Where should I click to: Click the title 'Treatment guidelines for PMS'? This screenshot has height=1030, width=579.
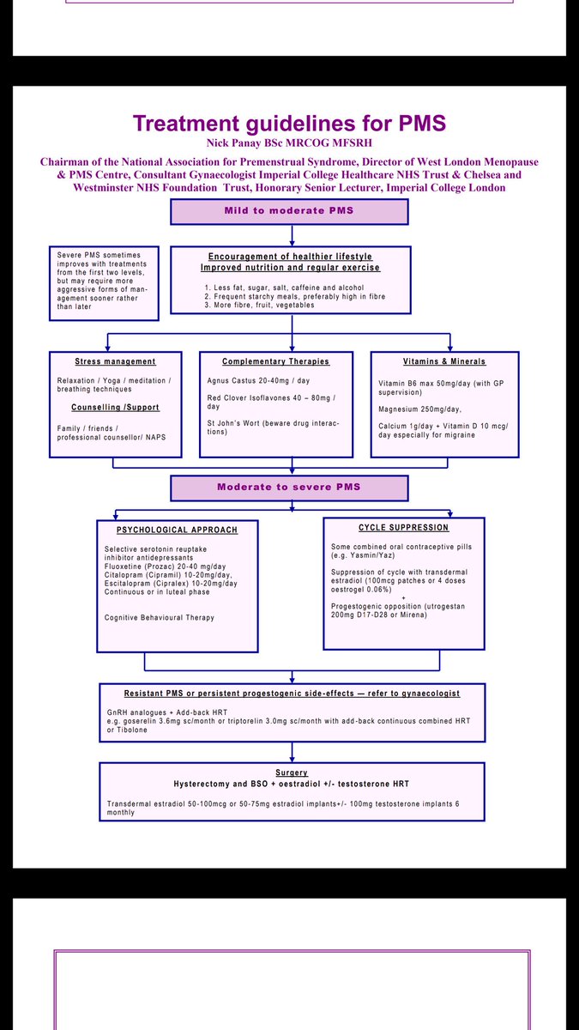(x=289, y=123)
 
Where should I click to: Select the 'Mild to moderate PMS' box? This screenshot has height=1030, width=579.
(x=289, y=211)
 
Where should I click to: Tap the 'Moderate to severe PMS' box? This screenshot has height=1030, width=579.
(x=289, y=487)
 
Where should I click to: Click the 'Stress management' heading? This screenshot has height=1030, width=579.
(x=115, y=361)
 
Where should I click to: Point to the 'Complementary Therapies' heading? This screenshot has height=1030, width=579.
(x=263, y=361)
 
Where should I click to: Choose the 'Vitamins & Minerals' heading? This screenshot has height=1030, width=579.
(x=444, y=361)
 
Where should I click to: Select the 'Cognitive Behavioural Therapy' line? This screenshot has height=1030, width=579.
(x=160, y=617)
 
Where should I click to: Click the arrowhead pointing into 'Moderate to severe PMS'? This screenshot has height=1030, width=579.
(x=293, y=473)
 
